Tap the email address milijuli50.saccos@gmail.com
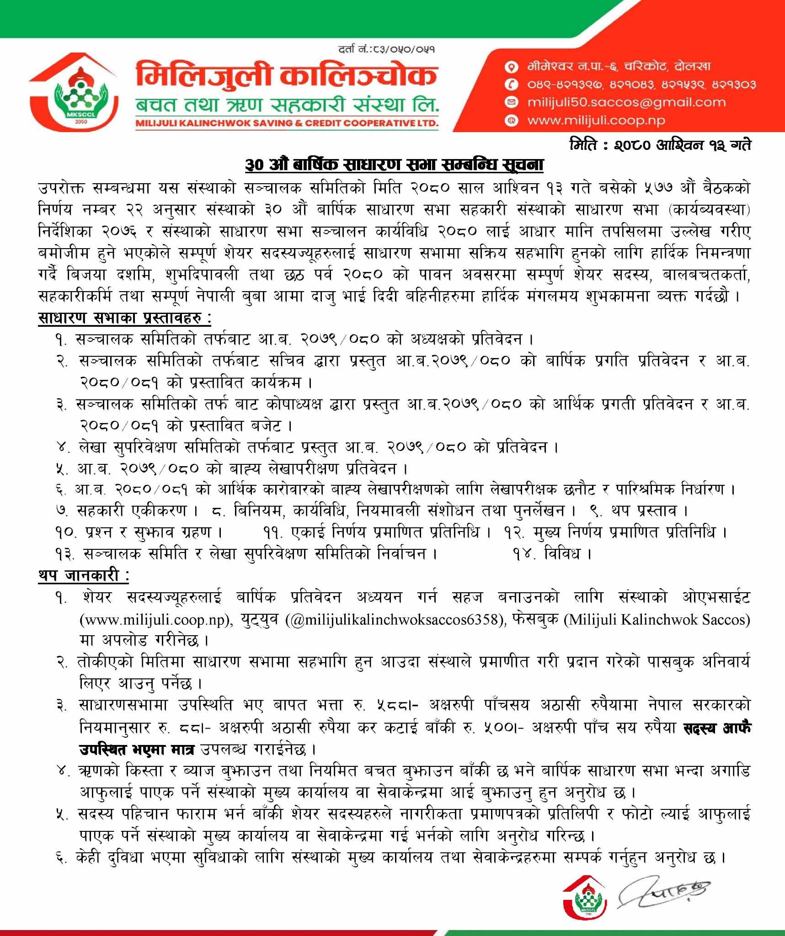tap(626, 102)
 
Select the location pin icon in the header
tap(511, 67)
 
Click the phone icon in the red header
tap(511, 85)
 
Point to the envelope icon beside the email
tap(511, 102)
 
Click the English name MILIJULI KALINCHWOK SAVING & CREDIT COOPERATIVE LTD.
tap(287, 123)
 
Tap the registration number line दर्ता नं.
tap(386, 48)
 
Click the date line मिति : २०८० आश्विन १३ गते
tap(660, 145)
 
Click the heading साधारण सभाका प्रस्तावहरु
tap(124, 318)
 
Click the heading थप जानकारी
tap(83, 575)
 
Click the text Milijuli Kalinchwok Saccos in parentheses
tap(657, 620)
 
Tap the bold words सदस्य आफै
tap(716, 728)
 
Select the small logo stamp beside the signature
tap(586, 897)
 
